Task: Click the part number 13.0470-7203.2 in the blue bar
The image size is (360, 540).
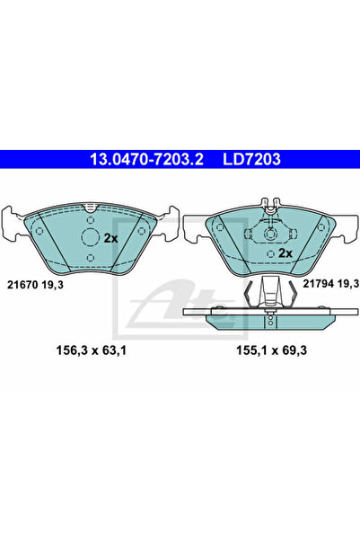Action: click(146, 159)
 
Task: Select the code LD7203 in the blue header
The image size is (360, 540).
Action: click(251, 159)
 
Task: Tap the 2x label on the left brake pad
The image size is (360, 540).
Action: click(110, 238)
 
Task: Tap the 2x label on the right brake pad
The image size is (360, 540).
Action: click(285, 253)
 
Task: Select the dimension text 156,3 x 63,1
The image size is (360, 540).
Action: click(92, 350)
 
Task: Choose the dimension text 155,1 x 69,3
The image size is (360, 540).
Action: click(271, 350)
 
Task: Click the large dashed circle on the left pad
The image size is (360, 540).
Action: click(90, 237)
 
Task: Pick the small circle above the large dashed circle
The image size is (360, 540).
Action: click(90, 220)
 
